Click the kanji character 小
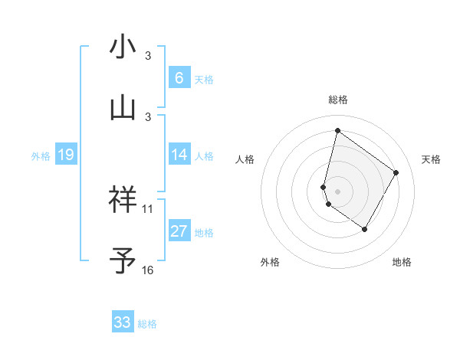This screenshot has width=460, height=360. click(123, 47)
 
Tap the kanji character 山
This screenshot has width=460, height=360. click(123, 108)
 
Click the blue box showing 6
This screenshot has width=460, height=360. click(179, 77)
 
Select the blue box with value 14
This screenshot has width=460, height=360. click(179, 155)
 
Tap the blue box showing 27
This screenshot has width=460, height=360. click(179, 231)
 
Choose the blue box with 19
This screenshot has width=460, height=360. click(65, 155)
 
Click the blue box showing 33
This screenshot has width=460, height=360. click(123, 322)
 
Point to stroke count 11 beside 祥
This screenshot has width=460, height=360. click(148, 208)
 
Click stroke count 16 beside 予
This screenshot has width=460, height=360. click(148, 270)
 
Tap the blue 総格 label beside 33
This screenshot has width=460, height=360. click(147, 324)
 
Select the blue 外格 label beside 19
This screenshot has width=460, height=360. click(41, 156)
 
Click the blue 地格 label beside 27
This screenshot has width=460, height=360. click(204, 233)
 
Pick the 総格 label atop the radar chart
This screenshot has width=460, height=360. click(337, 100)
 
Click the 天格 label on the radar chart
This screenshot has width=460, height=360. click(431, 159)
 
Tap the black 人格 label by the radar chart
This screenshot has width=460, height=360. click(245, 159)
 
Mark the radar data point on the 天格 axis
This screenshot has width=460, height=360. click(396, 172)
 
